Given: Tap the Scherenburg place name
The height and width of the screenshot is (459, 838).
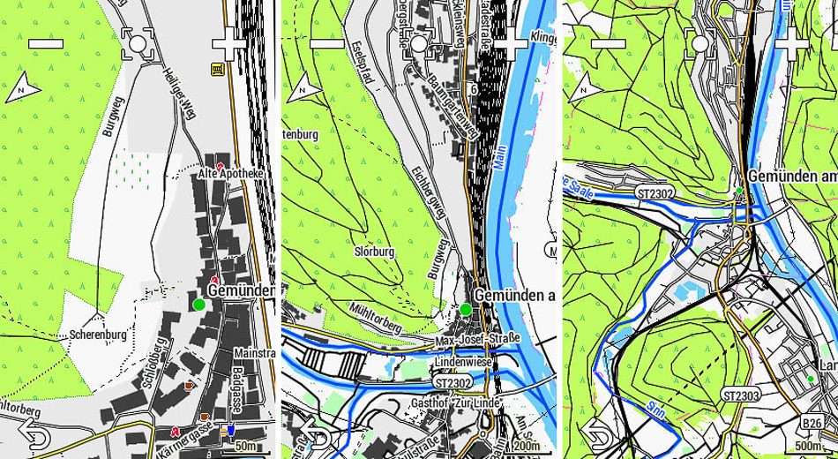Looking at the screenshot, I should [97, 335].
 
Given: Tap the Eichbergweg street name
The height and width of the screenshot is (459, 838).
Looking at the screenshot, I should [428, 192].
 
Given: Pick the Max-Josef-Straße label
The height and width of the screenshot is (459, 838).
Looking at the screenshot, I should [478, 339].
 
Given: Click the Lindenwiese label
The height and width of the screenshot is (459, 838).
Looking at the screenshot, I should [461, 362].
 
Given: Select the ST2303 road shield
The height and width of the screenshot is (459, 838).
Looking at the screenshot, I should [739, 395].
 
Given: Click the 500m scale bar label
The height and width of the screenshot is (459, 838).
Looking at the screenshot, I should [808, 447].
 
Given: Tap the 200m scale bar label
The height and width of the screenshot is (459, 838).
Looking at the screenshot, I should [527, 447].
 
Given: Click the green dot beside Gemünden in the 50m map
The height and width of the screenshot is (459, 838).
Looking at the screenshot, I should [198, 305].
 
